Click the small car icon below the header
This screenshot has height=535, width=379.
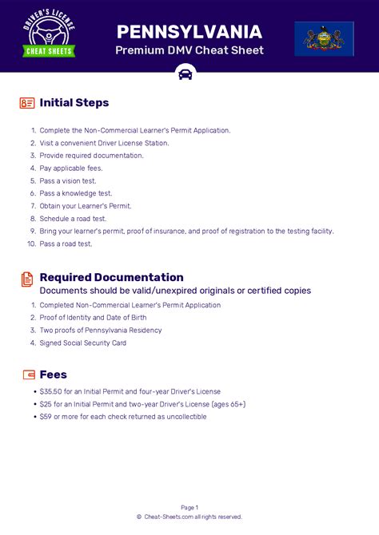(x=186, y=75)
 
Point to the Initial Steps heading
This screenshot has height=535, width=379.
(x=74, y=103)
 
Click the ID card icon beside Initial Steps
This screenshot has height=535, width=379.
(x=27, y=103)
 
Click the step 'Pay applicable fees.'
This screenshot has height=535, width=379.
(x=71, y=168)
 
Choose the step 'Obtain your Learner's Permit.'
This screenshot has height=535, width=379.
(x=86, y=205)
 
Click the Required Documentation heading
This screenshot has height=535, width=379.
(x=111, y=277)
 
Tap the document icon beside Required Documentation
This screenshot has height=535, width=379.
(x=27, y=279)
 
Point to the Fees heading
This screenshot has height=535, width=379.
(x=54, y=374)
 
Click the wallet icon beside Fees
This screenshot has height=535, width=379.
(x=28, y=374)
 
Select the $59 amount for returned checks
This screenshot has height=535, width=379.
(x=46, y=416)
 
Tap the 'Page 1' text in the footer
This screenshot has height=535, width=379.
(x=189, y=507)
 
